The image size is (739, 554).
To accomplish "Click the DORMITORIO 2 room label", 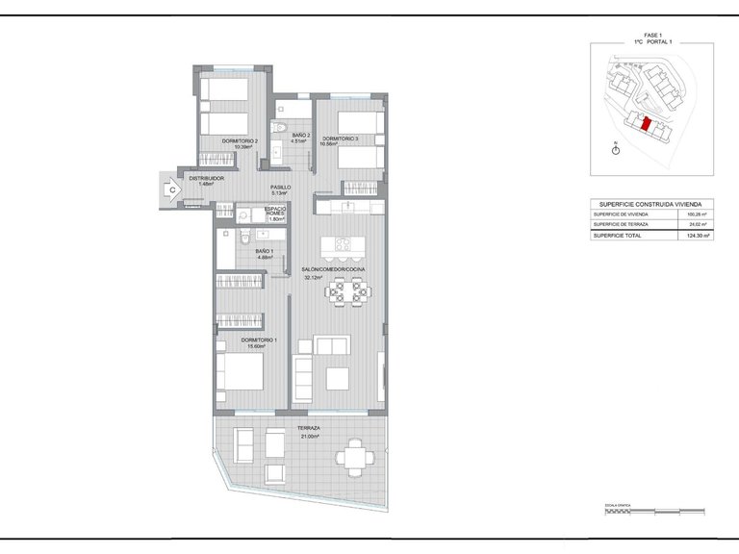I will [x=240, y=142].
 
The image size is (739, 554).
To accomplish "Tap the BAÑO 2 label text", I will [x=300, y=136].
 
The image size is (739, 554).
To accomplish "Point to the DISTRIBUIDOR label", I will [x=206, y=179].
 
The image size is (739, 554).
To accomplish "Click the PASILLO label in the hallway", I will [x=280, y=189].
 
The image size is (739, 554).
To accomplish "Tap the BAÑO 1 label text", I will [x=265, y=252].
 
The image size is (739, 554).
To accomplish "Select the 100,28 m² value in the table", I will [x=698, y=214].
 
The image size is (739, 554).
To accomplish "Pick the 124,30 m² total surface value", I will [x=698, y=235].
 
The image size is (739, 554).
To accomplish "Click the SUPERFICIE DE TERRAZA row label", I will [x=622, y=224].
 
